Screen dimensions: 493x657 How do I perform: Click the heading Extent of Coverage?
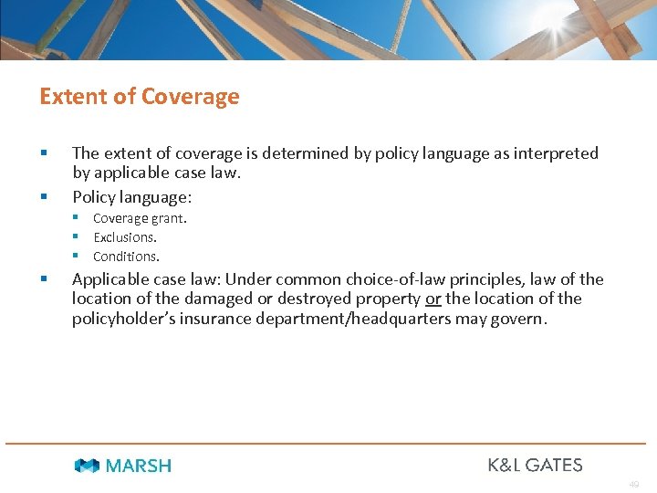tap(139, 97)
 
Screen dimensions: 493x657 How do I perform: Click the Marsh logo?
tap(123, 466)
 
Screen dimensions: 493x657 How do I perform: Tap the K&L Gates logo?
tap(535, 465)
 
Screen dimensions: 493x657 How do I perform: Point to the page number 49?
tap(633, 485)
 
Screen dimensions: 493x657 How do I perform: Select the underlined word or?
tap(433, 299)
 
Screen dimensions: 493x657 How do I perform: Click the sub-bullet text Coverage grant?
tap(140, 218)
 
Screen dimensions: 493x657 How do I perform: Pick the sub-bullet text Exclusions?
tap(125, 237)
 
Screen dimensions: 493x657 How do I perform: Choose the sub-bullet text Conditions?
tap(126, 257)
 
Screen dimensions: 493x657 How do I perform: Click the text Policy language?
tap(132, 196)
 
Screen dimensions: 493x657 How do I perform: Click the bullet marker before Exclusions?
tap(78, 237)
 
